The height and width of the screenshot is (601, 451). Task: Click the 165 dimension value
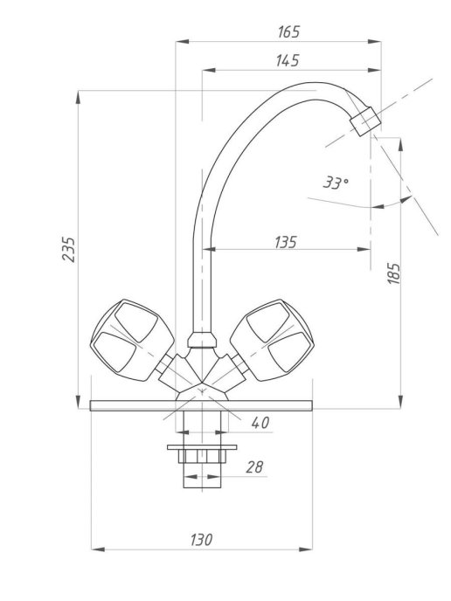coord(288,31)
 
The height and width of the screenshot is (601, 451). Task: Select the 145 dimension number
coord(288,60)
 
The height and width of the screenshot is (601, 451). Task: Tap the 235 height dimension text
coord(69,250)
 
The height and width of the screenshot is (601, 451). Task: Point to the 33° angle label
coord(336,183)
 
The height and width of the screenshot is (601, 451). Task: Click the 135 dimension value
coord(286,242)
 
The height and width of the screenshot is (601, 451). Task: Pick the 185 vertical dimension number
coord(394,273)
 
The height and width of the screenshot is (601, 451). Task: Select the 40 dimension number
coord(260,423)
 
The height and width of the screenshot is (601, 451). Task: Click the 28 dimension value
coord(254,467)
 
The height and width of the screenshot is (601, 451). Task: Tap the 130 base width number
coord(201,540)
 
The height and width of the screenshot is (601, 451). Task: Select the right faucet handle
coord(272,341)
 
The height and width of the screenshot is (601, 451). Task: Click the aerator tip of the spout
coord(365,121)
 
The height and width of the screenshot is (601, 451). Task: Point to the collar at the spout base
coord(202,340)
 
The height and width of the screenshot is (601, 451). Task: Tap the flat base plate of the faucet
coord(201,405)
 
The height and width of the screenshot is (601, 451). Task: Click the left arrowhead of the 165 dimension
coord(182,41)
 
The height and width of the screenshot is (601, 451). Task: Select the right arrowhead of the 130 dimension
coord(306,549)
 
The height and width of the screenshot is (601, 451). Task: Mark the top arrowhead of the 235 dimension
coord(79,97)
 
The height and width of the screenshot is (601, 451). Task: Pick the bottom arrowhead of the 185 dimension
coord(401,402)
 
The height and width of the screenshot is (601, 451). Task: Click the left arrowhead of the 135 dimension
coord(209,249)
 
